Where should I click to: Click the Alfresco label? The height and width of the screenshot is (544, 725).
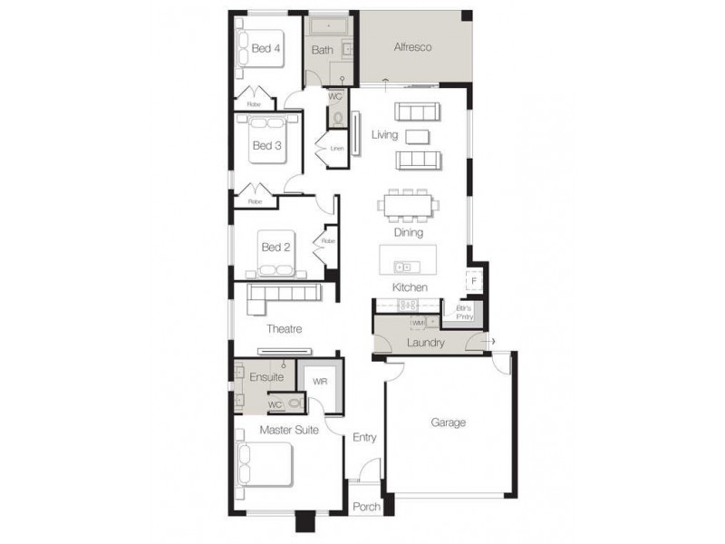411,46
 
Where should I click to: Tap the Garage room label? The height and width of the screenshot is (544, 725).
448,423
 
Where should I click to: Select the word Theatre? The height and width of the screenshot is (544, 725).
284,329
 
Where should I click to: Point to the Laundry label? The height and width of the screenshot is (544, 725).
426,343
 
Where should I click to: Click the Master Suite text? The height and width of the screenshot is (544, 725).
289,430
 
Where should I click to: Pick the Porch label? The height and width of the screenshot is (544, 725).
366,507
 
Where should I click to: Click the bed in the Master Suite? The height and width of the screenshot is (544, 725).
264,465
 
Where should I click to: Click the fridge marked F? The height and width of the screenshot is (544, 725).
473,281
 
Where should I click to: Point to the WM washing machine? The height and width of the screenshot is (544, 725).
418,323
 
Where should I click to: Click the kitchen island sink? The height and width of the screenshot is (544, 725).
405,267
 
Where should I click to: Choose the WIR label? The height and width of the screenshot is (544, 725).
319,382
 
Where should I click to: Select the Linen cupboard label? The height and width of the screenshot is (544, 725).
336,148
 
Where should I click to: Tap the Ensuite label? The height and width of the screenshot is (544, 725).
266,377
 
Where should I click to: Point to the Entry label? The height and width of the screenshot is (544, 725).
364,438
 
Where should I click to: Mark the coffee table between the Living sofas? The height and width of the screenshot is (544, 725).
417,136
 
